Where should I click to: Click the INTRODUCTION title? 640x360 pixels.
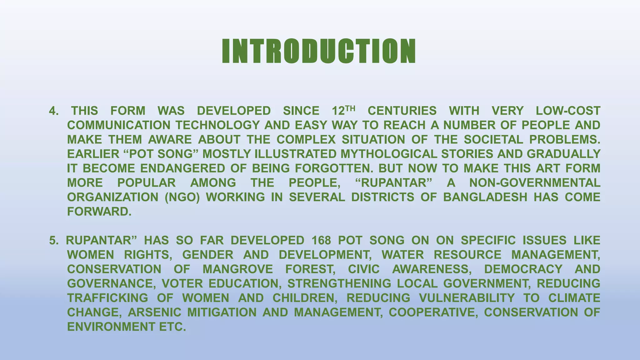319,52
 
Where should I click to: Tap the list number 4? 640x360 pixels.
53,111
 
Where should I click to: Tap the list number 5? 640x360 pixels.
53,240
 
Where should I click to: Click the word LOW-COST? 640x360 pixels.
568,111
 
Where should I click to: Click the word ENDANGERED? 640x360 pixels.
182,168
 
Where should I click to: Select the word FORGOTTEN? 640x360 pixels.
334,168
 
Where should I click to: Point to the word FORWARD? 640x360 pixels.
99,212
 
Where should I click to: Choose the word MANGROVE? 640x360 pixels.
238,269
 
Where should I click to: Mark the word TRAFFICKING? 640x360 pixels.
107,298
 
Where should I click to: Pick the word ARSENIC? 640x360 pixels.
154,312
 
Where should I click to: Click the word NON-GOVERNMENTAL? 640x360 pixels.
535,183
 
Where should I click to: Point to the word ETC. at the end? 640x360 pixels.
172,327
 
